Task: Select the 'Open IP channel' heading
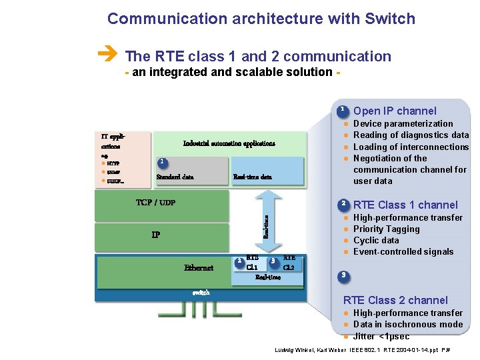395,111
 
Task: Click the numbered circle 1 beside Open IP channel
342,110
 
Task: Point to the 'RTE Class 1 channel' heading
405,205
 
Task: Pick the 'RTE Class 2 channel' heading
395,300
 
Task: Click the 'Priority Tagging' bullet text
386,229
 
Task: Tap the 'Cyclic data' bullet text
376,240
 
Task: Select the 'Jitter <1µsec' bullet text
381,336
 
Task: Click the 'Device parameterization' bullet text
403,123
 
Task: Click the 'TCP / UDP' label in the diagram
155,203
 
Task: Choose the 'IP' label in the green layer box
155,235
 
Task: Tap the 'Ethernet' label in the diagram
199,268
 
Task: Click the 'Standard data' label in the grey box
175,177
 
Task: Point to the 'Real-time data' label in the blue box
252,177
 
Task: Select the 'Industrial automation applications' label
229,143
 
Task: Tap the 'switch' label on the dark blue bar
201,292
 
